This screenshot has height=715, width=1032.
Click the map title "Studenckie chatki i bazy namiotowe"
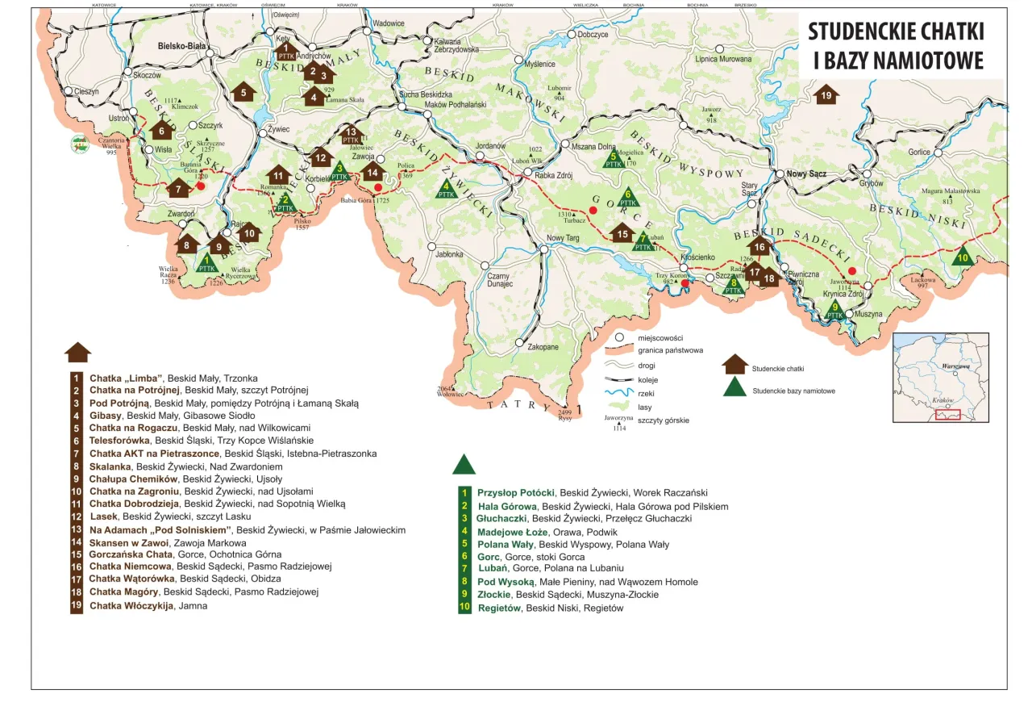[896, 45]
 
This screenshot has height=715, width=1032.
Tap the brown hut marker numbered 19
[825, 94]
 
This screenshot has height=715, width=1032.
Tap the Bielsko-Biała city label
[183, 46]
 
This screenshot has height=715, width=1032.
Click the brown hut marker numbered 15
[622, 233]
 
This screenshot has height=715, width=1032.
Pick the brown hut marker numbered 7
[178, 189]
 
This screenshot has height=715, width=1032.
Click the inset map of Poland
[940, 377]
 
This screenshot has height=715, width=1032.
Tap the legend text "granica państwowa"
[670, 350]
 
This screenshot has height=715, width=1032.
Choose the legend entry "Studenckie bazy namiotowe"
[793, 391]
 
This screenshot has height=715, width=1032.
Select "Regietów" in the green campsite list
[500, 608]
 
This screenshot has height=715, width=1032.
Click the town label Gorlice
[919, 152]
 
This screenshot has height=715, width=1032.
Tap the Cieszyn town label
[85, 92]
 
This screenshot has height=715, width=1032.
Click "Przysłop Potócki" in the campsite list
[515, 492]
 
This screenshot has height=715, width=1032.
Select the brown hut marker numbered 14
[372, 171]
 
